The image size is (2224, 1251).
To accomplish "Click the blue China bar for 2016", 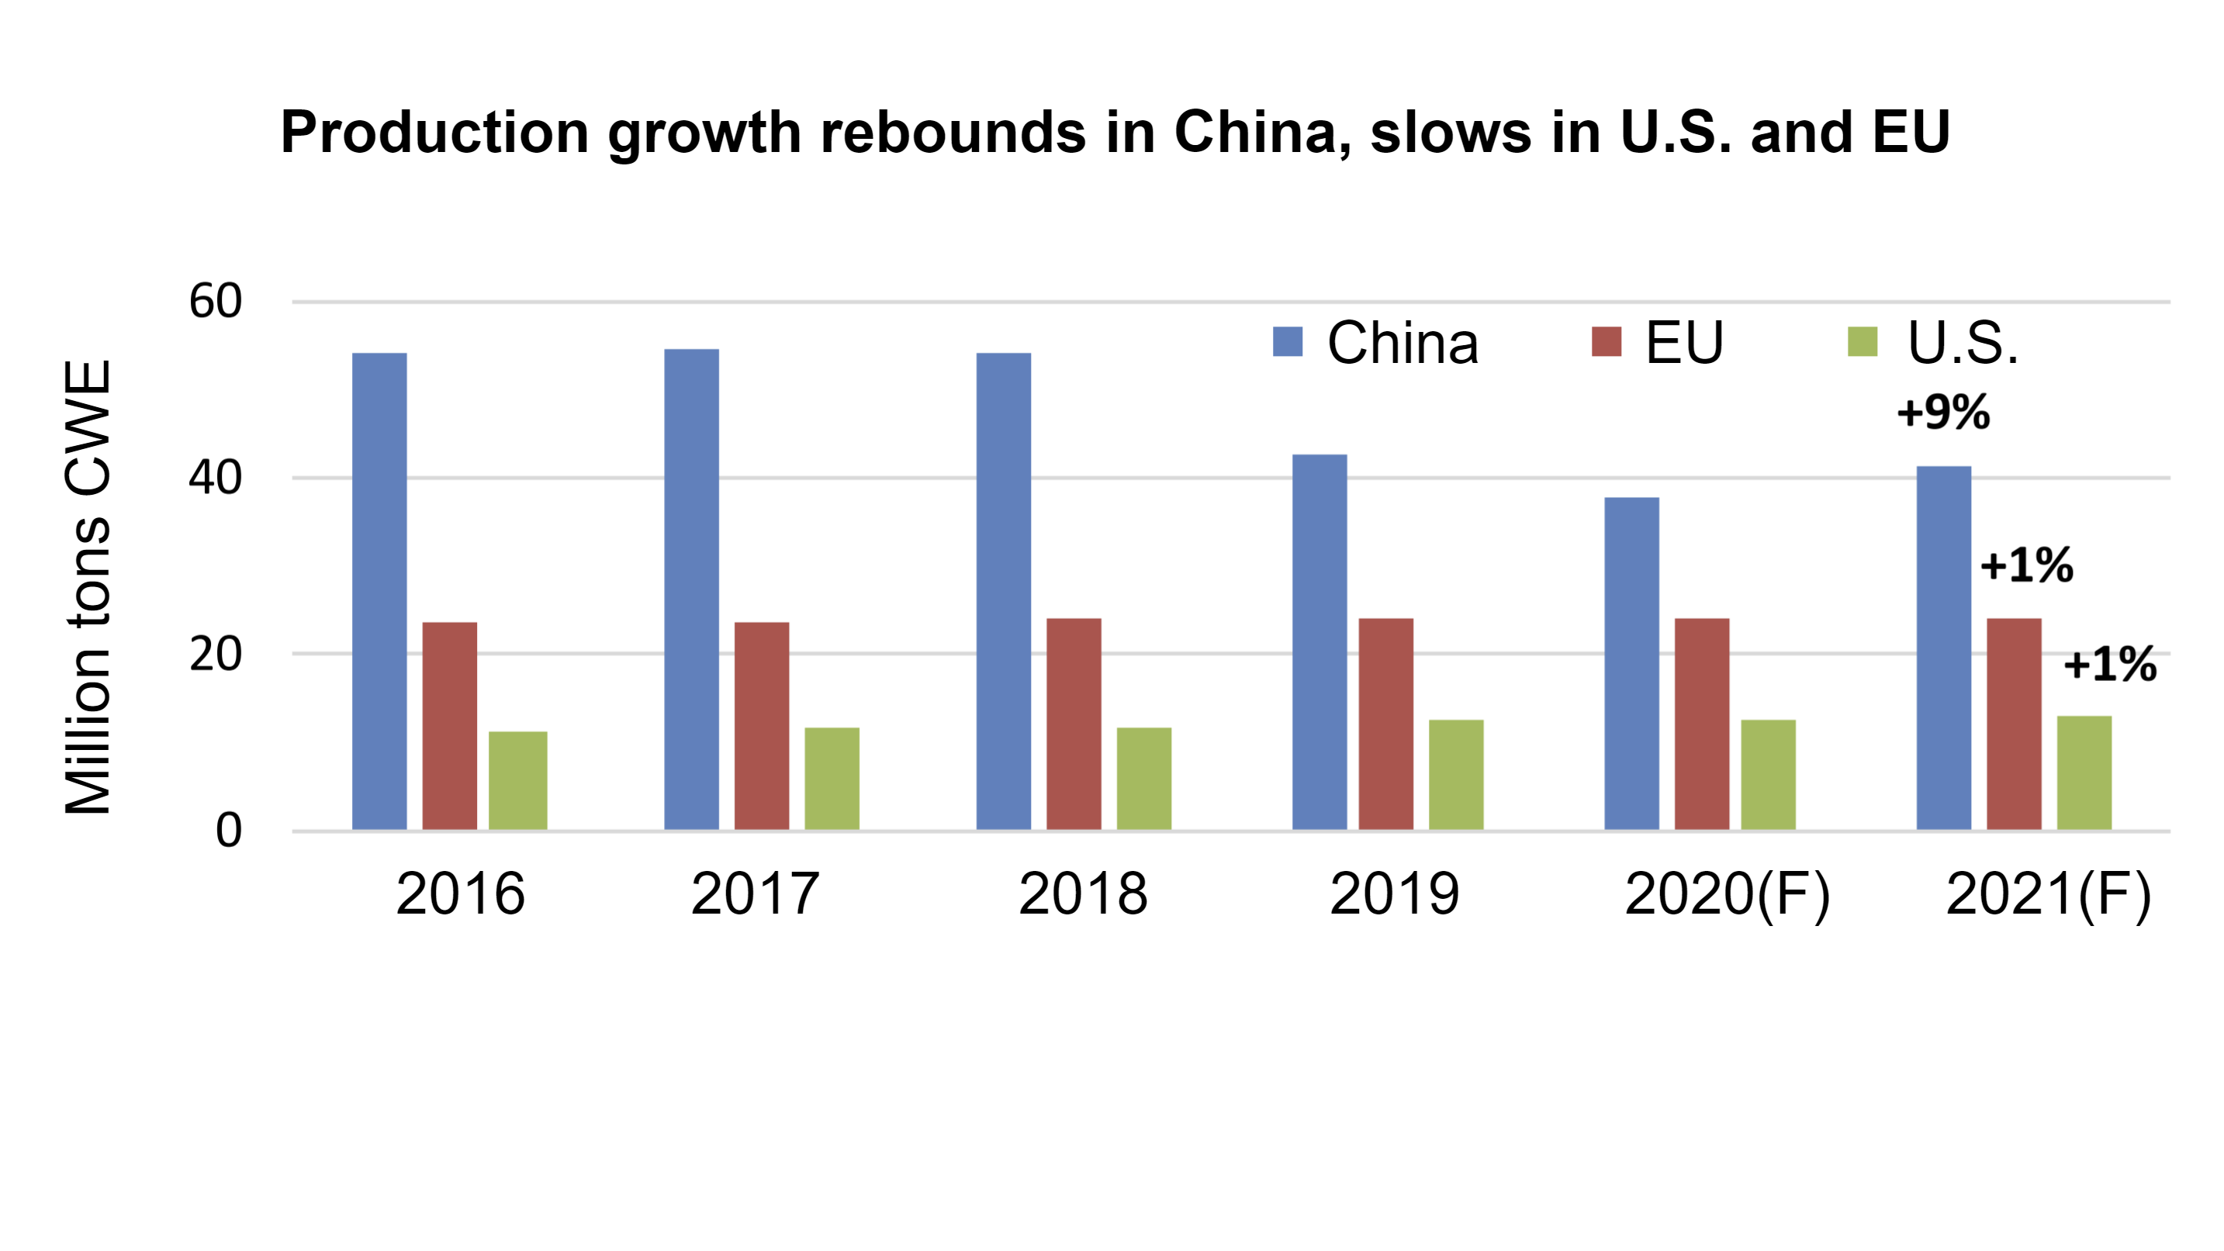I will tap(379, 592).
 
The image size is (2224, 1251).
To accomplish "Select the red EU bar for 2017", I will tap(762, 726).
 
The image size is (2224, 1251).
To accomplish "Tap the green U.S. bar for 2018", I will tap(1144, 779).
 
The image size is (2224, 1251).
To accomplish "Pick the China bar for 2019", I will tap(1320, 642).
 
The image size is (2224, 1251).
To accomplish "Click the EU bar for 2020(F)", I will tap(1702, 724).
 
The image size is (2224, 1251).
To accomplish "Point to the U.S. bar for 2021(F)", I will tap(2084, 772).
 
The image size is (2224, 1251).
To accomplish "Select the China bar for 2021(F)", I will tap(1943, 648).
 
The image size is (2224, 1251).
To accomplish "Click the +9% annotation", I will tap(1943, 412).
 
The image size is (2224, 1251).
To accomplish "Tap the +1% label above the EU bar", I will tap(2026, 565).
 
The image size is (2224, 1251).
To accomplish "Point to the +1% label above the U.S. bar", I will tap(2110, 665).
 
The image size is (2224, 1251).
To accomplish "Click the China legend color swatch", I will tap(1287, 342).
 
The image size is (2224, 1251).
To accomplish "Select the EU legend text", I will tap(1683, 343).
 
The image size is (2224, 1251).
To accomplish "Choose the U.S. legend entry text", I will tap(1963, 343).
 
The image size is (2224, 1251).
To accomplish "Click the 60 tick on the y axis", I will tap(215, 302).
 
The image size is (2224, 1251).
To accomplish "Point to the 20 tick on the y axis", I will tap(215, 654).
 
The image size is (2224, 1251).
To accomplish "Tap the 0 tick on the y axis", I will tap(228, 831).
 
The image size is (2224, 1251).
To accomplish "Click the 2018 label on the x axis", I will tap(1083, 893).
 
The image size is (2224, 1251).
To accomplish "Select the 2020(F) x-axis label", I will tap(1727, 893).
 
